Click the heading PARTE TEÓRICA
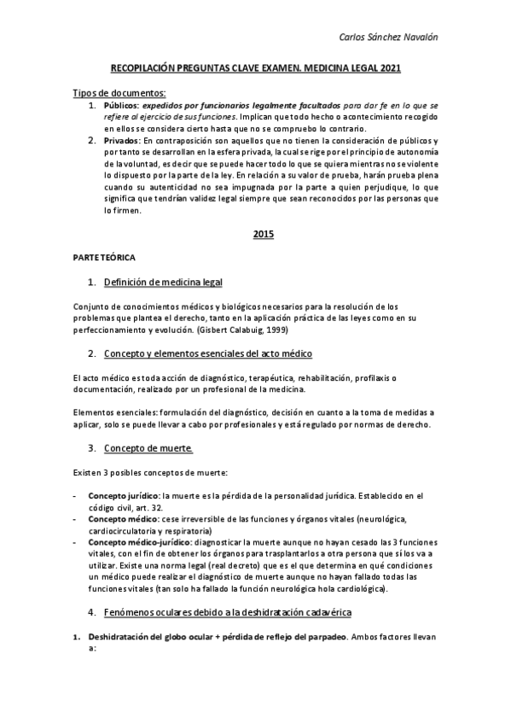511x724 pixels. (104, 256)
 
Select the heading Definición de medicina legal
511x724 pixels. (164, 282)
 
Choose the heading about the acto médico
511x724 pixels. (196, 353)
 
